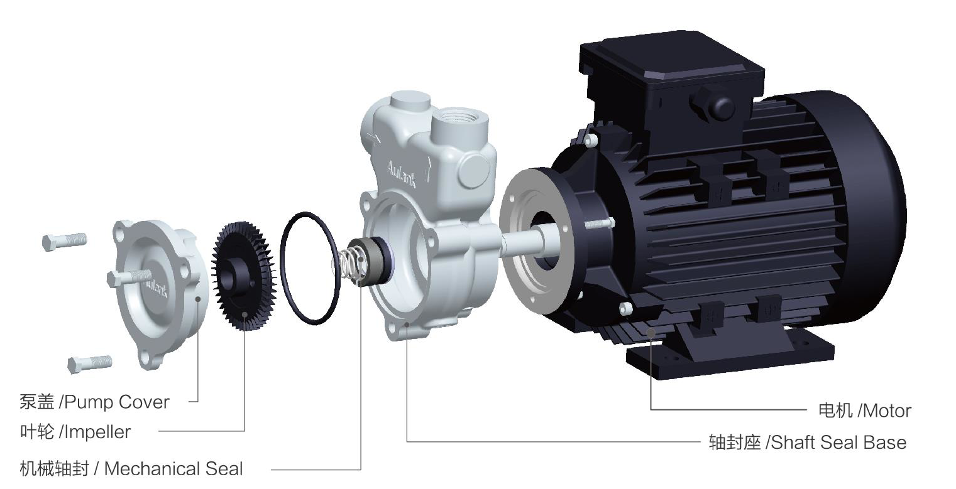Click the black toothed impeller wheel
(x=244, y=276)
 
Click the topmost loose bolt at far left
(x=65, y=242)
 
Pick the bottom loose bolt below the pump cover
(x=90, y=363)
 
